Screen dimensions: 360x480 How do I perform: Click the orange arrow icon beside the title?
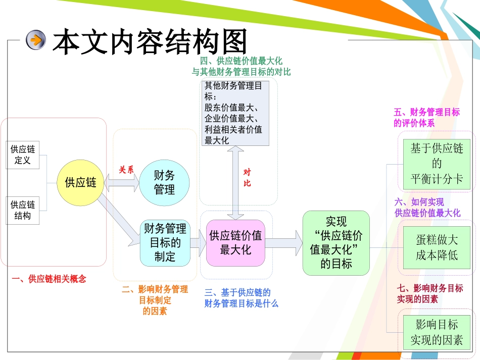coord(36,40)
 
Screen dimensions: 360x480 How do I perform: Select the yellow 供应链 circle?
coord(80,182)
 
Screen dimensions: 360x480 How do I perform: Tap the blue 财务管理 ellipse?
coord(164,182)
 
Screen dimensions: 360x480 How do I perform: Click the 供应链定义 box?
coord(23,155)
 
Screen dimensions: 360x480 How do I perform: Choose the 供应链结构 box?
coord(23,210)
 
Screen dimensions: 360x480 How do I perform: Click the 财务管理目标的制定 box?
coord(165,242)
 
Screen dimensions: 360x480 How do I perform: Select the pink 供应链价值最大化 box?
coord(235,242)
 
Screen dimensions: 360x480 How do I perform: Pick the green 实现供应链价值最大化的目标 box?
coord(336,242)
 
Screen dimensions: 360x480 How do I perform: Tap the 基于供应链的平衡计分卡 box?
coord(437,164)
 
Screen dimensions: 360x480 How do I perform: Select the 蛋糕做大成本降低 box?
coord(437,247)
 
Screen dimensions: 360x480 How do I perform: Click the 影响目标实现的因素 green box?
coord(437,332)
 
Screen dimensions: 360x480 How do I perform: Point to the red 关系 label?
coord(126,170)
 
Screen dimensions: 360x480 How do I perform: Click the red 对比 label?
coord(247,177)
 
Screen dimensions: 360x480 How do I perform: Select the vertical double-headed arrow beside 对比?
coord(235,182)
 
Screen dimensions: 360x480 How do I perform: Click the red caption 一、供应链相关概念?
coord(49,279)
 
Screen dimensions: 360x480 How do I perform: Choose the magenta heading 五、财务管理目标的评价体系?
coord(426,117)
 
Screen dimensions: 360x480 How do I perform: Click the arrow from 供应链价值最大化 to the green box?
coord(283,243)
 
